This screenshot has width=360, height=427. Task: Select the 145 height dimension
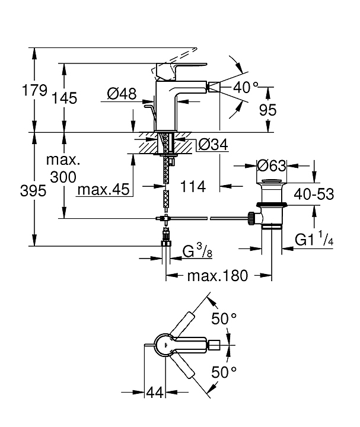(64, 98)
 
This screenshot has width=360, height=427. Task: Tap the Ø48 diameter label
(122, 93)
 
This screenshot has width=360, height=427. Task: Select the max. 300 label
(64, 168)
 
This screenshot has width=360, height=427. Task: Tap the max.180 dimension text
(217, 275)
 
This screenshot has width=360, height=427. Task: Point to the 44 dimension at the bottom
(154, 392)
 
